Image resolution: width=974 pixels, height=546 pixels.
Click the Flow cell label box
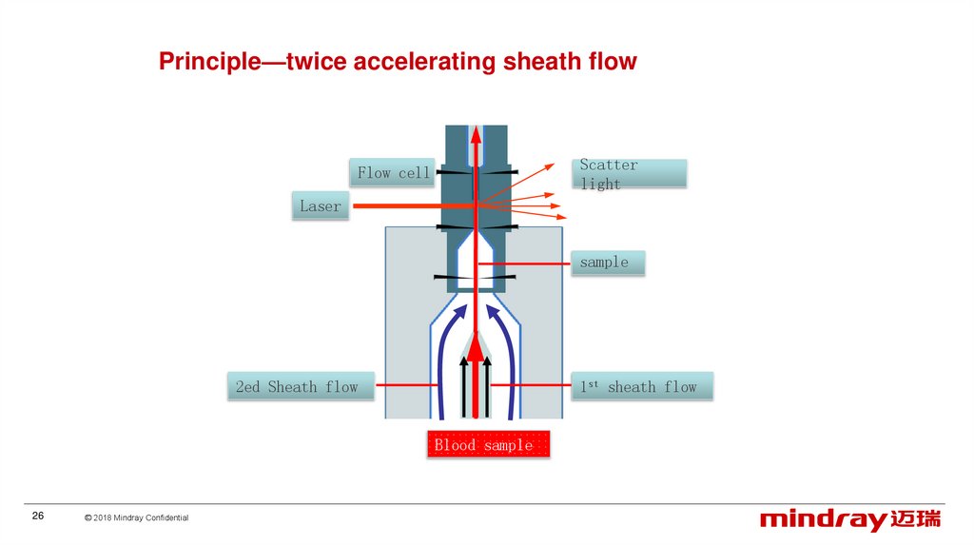coord(393,172)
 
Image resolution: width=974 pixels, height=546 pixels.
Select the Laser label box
coord(320,205)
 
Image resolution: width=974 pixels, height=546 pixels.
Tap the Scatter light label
coord(631,173)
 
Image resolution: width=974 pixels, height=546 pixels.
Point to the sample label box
coord(607,262)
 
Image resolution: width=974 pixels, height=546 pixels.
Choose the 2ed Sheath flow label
coord(299,386)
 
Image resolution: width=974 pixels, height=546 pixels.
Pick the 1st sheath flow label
coord(641,386)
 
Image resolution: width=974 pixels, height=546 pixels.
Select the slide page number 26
coord(38,516)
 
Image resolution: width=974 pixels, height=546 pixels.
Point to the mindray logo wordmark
coord(823,519)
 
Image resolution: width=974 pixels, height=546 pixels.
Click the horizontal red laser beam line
coord(409,205)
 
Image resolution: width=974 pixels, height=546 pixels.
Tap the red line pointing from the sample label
coord(523,262)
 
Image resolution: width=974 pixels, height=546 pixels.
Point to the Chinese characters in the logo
coord(916,519)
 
